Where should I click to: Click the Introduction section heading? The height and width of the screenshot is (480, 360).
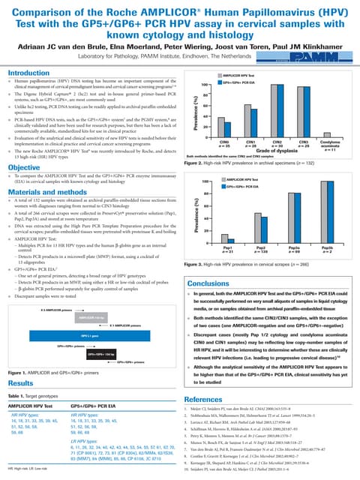tap(28, 73)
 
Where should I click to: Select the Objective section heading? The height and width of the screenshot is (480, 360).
tap(24, 167)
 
